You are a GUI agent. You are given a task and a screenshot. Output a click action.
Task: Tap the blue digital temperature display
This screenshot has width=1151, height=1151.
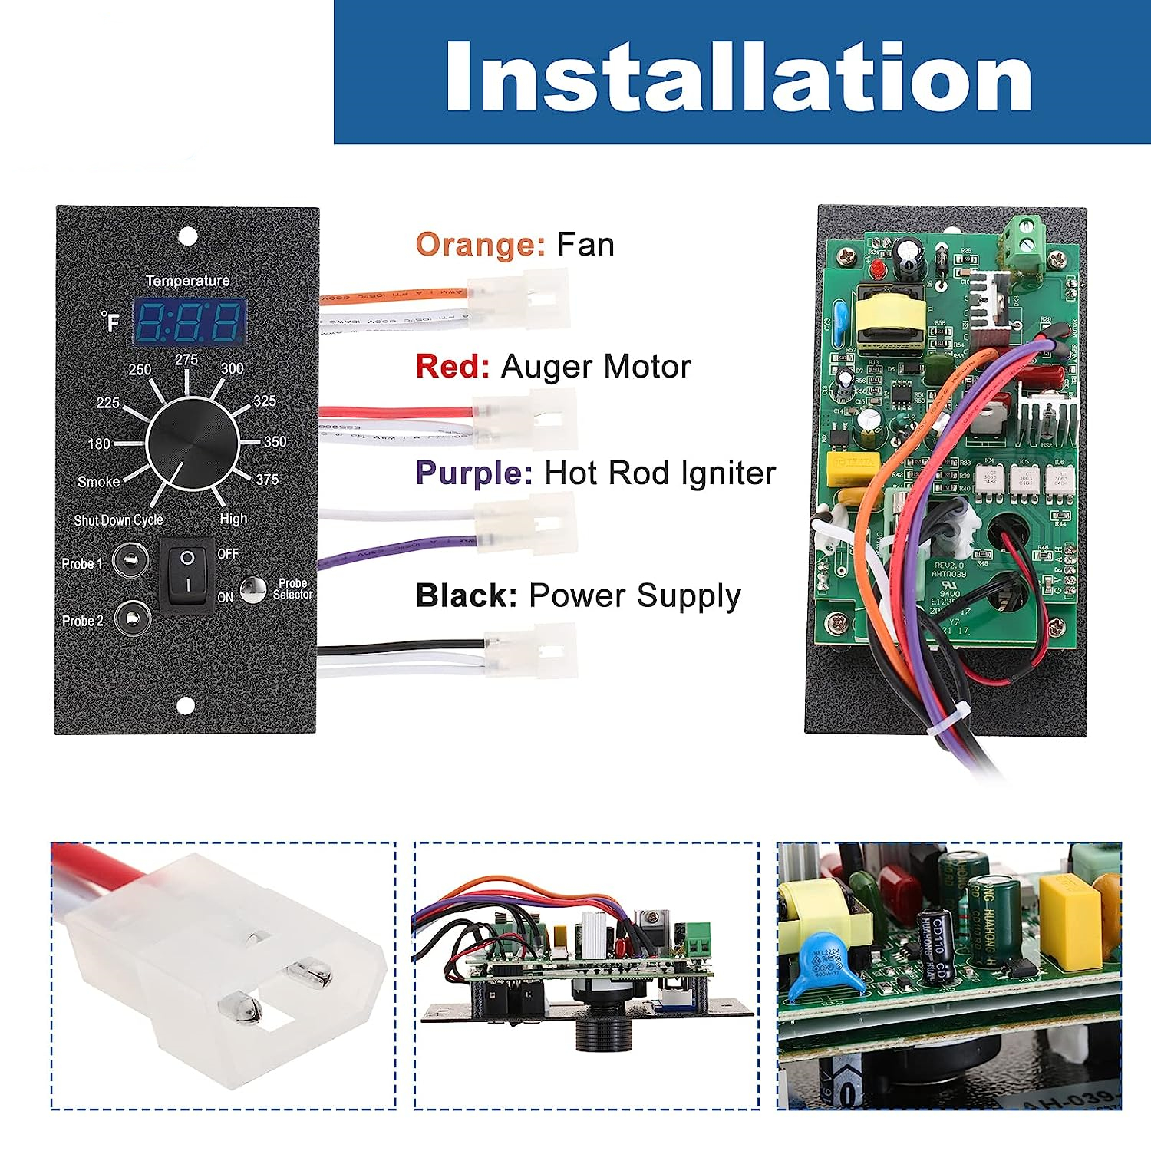190,322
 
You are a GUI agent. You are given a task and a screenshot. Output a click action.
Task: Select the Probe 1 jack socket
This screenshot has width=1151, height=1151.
129,559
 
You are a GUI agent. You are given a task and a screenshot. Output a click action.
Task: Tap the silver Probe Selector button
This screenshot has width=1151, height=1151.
252,589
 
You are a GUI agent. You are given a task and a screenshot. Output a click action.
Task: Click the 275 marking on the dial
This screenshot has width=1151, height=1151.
186,360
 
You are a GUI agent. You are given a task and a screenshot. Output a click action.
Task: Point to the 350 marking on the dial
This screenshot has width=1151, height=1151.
275,442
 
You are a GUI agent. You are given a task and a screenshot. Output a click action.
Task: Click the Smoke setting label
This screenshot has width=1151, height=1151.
98,482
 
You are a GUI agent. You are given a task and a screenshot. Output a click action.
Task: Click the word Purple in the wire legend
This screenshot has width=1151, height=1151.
473,473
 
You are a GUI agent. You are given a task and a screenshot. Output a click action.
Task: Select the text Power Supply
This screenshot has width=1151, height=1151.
635,596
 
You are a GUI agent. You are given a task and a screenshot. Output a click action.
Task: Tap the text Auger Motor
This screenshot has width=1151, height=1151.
595,367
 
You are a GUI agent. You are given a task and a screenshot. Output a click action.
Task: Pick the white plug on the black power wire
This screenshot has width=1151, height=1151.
530,651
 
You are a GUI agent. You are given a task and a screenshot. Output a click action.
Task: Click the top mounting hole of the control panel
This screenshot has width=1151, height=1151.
186,236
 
